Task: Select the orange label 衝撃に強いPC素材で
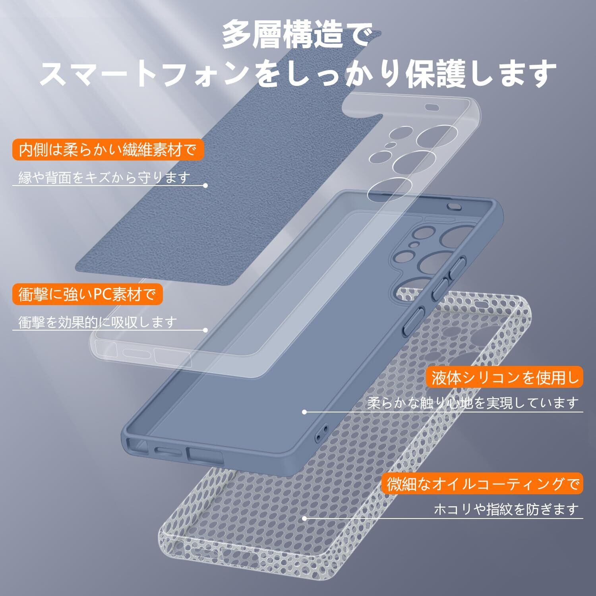[x=85, y=294]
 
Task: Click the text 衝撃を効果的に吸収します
[x=97, y=322]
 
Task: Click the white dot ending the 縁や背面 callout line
[x=205, y=186]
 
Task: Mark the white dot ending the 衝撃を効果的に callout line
[x=205, y=330]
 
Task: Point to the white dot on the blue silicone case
[x=304, y=412]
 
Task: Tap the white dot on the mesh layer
[x=304, y=518]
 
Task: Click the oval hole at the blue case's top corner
[x=453, y=205]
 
